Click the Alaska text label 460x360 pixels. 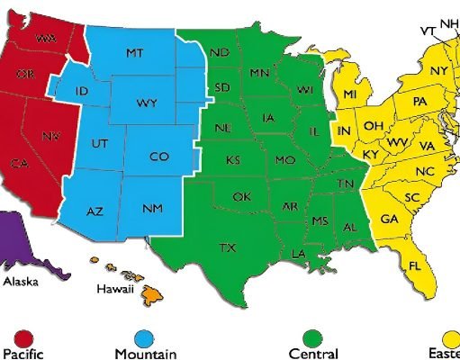coord(21,281)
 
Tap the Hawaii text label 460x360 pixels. coord(115,290)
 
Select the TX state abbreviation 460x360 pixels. coord(228,247)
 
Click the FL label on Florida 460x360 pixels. coord(415,266)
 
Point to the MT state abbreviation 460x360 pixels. coord(134,54)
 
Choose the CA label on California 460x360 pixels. coord(19,164)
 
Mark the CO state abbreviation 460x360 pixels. coord(159,157)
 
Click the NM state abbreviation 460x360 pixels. coord(152,208)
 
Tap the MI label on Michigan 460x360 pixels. coord(350,94)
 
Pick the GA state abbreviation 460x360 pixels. coord(389,219)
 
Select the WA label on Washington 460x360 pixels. coord(42,38)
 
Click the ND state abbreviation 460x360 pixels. coord(220,53)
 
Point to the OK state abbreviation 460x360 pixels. coord(241,196)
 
